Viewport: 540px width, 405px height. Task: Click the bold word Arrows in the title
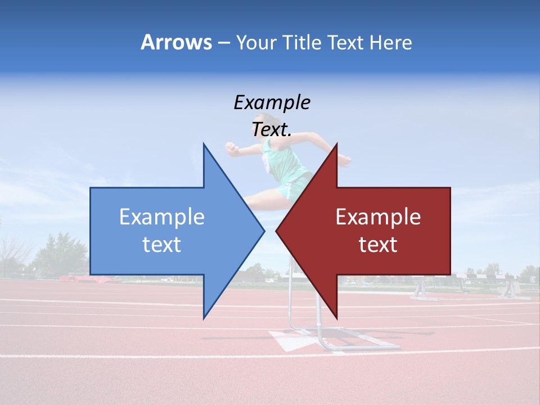pos(176,42)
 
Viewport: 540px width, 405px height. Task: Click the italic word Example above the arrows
pos(272,103)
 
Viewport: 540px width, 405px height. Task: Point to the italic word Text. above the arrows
pos(272,130)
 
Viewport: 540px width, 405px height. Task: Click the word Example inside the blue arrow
pos(162,217)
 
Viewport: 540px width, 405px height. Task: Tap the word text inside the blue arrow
pos(162,245)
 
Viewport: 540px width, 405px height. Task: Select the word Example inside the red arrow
pos(378,217)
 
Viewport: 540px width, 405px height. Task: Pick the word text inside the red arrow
pos(378,245)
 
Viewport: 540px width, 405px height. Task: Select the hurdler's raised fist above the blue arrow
pos(231,147)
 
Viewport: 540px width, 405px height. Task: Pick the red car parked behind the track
pos(79,277)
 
